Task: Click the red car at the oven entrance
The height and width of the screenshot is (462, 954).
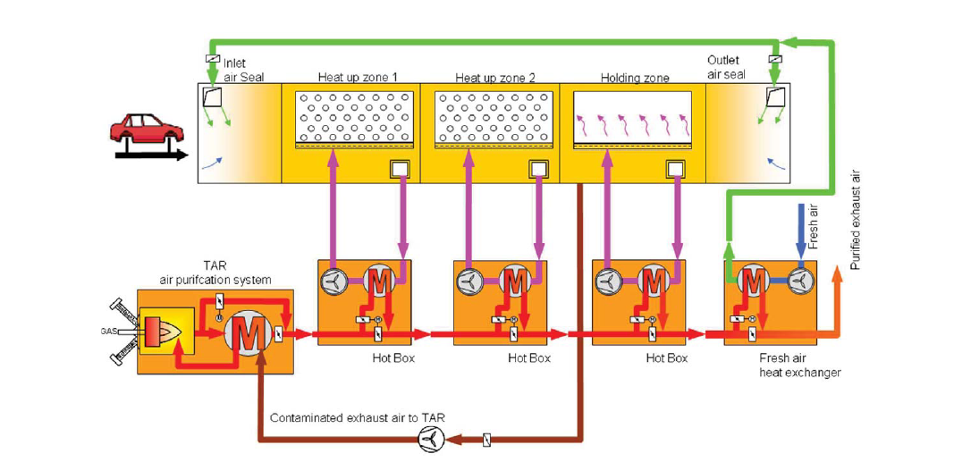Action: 147,130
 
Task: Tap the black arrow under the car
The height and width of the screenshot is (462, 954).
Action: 152,155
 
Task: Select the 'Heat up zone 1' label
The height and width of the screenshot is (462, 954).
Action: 351,78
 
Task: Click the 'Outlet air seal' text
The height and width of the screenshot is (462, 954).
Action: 726,68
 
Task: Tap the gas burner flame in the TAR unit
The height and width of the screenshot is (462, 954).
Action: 170,334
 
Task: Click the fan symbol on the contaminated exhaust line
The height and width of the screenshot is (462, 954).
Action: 431,439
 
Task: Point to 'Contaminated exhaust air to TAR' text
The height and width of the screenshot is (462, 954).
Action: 357,418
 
